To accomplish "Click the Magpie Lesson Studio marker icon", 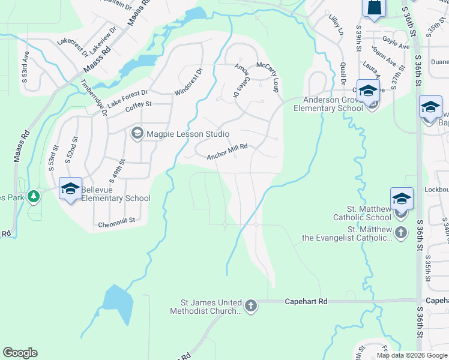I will point(137,133).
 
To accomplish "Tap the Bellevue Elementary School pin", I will point(70,189).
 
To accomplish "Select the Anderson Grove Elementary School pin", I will point(368,92).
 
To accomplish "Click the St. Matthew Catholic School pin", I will point(401,199).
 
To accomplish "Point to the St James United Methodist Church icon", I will point(251,306).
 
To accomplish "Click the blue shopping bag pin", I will point(373,8).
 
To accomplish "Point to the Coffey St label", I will point(139,106).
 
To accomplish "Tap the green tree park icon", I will point(34,196).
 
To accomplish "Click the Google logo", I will point(20,353).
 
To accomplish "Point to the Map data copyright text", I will point(411,355).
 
